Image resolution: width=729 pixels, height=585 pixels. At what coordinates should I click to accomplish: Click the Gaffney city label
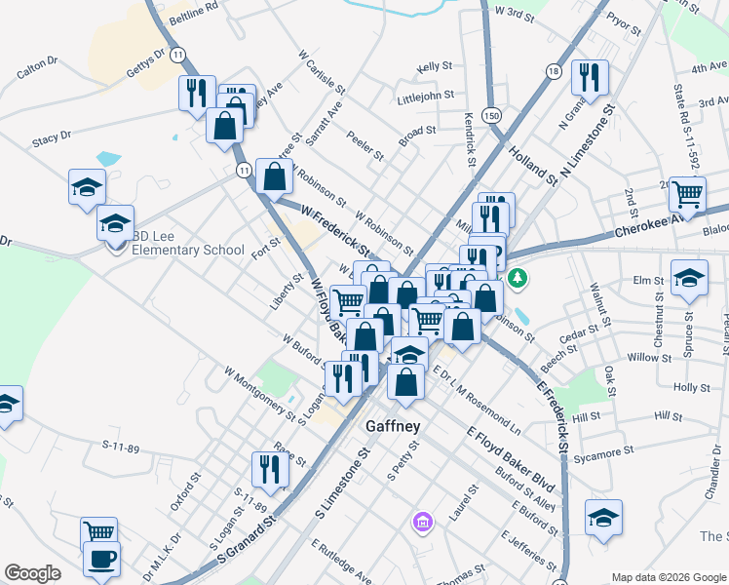(x=393, y=426)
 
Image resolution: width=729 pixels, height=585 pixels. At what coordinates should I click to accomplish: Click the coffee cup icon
(x=100, y=560)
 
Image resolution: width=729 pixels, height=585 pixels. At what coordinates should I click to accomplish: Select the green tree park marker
(x=520, y=279)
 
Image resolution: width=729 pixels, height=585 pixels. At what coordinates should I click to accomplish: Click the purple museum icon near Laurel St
(x=421, y=523)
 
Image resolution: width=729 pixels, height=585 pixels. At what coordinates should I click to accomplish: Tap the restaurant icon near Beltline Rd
(x=196, y=93)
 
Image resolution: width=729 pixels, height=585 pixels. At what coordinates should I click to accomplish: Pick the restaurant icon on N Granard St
(x=589, y=77)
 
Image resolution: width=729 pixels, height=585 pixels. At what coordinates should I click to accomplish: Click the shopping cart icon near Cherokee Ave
(x=687, y=194)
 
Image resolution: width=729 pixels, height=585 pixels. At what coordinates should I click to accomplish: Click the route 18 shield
(x=554, y=71)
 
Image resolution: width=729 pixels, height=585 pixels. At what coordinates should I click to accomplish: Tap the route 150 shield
(x=494, y=115)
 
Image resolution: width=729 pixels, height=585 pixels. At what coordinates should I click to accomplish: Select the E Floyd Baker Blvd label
(x=510, y=458)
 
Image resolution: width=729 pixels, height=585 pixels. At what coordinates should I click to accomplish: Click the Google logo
(x=32, y=573)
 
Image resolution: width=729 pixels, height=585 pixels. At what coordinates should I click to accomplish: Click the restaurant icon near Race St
(x=270, y=469)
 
